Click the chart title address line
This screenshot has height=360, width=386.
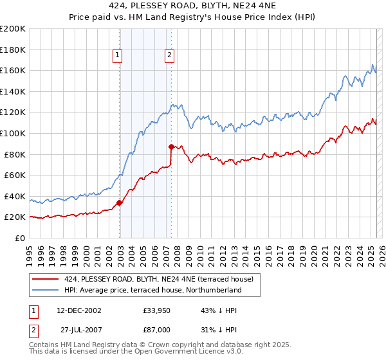point(192,7)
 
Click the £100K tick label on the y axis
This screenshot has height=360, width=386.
point(13,133)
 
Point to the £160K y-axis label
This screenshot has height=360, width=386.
point(13,70)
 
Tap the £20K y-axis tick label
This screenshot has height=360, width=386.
point(15,217)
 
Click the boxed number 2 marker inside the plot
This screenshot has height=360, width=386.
point(169,56)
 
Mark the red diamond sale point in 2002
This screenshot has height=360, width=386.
point(120,203)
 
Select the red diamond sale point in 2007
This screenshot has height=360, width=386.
point(172,147)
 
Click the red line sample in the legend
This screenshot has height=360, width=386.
point(46,279)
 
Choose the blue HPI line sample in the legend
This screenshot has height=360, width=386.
point(46,290)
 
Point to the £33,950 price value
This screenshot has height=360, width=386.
point(156,311)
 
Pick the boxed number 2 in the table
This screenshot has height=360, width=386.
point(33,331)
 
